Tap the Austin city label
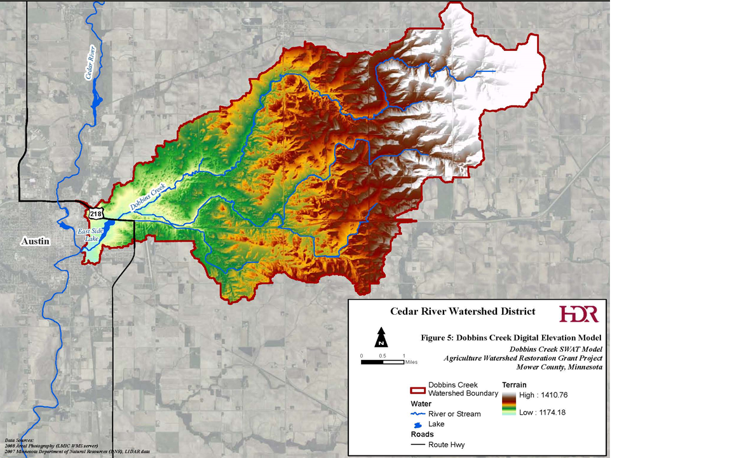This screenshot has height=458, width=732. tap(35, 241)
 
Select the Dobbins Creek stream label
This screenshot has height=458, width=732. tap(147, 197)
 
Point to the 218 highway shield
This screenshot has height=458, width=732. tap(95, 212)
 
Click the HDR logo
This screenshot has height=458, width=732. tap(578, 314)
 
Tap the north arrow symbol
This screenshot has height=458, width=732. tap(381, 337)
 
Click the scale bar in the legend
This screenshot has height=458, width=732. tap(382, 362)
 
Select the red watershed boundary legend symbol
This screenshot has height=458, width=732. tap(417, 389)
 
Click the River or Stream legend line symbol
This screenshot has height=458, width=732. tap(417, 413)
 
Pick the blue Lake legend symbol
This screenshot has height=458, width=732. tap(417, 424)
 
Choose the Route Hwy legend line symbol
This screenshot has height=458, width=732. tap(417, 445)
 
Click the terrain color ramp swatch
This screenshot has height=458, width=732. tap(508, 404)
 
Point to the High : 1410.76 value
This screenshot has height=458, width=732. tap(543, 395)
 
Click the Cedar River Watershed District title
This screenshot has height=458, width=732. tap(462, 312)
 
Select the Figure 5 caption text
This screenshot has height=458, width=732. tap(511, 337)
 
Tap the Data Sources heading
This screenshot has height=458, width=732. tap(19, 440)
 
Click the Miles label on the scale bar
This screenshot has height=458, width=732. tap(412, 362)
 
